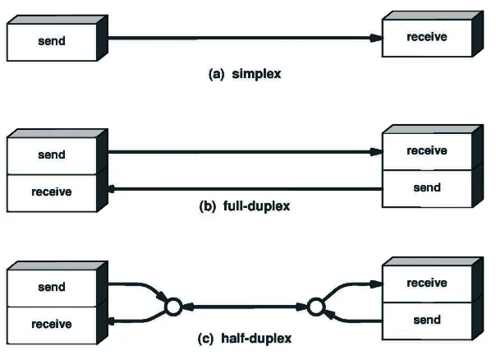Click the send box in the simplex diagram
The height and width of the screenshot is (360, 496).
pos(51,39)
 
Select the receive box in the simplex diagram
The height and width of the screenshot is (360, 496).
pos(426,38)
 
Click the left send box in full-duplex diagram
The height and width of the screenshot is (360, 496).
pos(51,154)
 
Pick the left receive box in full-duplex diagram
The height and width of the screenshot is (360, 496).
pos(51,192)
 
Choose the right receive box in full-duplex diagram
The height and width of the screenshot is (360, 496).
pos(426,151)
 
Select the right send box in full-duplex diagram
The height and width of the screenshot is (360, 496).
pos(426,187)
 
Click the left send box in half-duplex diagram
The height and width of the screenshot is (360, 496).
pos(51,287)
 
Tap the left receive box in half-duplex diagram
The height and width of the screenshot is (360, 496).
pos(51,324)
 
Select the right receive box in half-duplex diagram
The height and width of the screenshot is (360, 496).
pos(426,284)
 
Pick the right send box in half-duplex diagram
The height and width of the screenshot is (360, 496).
pos(426,321)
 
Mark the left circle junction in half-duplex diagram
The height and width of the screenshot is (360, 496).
pos(172,307)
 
